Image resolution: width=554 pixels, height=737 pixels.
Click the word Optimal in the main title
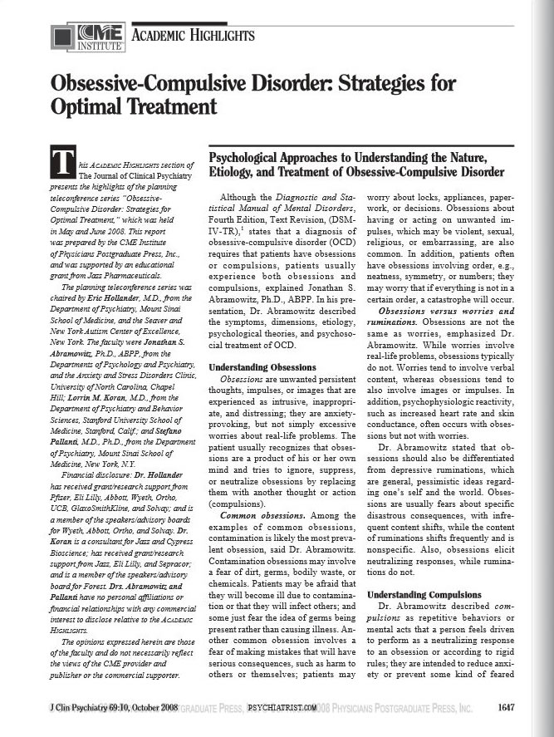tap(90, 108)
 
